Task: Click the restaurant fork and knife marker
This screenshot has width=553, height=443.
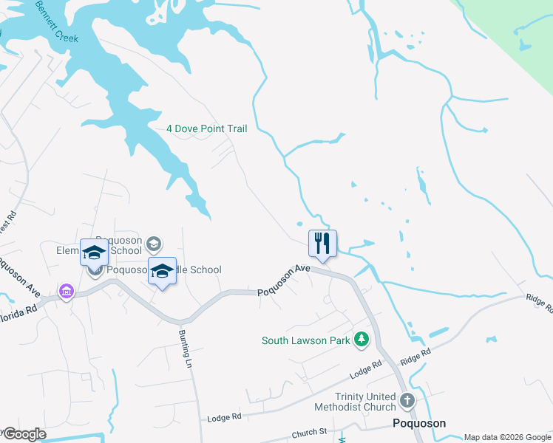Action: point(322,243)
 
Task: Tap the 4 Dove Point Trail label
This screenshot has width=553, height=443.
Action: point(206,128)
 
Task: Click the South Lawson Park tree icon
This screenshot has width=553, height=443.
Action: point(362,340)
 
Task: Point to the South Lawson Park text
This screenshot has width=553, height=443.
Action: point(305,340)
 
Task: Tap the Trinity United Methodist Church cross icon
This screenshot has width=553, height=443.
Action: point(407,401)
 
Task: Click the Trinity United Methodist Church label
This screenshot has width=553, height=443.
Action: point(355,402)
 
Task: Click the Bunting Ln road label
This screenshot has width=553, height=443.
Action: point(185,348)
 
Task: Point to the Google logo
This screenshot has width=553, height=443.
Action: point(24,434)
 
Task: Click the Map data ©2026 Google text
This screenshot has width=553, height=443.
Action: point(506,437)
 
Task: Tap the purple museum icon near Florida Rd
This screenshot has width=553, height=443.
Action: point(67,292)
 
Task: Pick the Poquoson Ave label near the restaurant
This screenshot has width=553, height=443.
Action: point(284,281)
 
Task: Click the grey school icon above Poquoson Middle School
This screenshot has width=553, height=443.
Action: point(154,244)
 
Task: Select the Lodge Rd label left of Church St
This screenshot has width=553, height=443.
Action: point(225,417)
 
